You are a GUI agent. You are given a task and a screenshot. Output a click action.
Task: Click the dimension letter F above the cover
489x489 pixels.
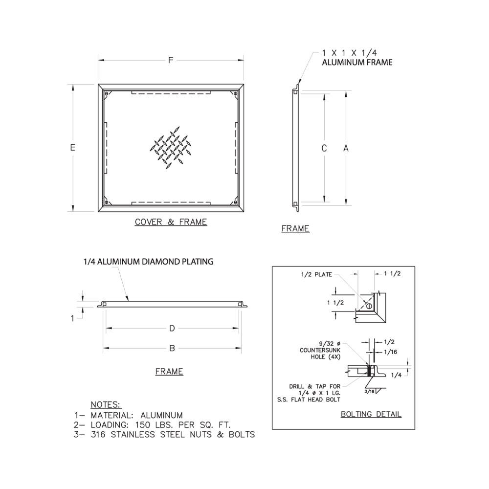pyautogui.click(x=171, y=60)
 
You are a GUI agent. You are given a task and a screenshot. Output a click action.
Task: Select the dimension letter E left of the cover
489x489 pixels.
pyautogui.click(x=73, y=147)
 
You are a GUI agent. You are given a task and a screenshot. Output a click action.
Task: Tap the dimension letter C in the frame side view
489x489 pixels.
pyautogui.click(x=324, y=148)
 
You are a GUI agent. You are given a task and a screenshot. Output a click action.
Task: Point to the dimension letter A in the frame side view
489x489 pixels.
pyautogui.click(x=346, y=148)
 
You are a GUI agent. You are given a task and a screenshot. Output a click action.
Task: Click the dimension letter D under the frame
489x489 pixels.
pyautogui.click(x=172, y=328)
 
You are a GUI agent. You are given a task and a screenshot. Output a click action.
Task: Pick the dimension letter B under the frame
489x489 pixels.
pyautogui.click(x=172, y=348)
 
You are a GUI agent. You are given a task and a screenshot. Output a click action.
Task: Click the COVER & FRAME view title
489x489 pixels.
pyautogui.click(x=171, y=222)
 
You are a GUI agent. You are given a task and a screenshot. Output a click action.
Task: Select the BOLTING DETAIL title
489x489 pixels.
pyautogui.click(x=371, y=414)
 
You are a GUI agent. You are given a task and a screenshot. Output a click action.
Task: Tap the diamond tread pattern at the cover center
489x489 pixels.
pyautogui.click(x=171, y=148)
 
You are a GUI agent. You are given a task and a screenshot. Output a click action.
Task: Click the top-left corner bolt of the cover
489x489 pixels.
pyautogui.click(x=106, y=93)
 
